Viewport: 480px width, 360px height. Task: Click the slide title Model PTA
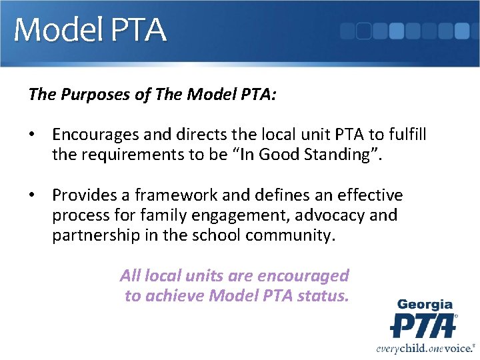coord(90,31)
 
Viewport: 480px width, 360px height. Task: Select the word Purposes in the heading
coord(91,95)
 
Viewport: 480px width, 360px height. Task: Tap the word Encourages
coord(96,135)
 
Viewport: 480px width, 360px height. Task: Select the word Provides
coord(83,195)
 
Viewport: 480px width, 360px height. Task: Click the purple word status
coord(324,295)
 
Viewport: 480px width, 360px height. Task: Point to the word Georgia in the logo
coord(425,305)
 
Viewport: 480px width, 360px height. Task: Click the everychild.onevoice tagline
coord(425,347)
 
